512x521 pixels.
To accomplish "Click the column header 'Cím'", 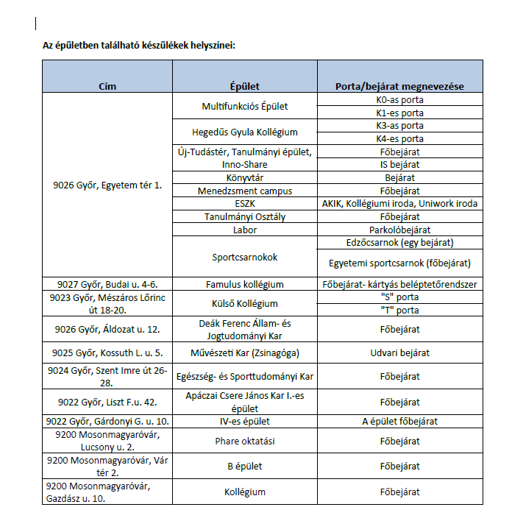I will click(x=107, y=86).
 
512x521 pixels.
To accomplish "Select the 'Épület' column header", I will click(x=244, y=86).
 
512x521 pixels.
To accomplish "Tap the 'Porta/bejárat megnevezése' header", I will click(x=399, y=86).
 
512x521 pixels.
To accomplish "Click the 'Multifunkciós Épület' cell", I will click(x=244, y=107).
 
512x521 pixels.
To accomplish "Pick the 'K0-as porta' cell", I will click(x=399, y=100).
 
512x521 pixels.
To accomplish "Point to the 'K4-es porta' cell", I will click(x=399, y=139).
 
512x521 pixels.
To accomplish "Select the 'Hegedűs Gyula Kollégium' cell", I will click(x=244, y=132).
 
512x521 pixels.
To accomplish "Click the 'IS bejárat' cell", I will click(x=399, y=165).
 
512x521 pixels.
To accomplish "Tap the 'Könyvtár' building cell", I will click(x=244, y=178).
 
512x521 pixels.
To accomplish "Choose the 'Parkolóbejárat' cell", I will click(x=399, y=230).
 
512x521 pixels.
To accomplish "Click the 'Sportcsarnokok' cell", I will click(x=244, y=258).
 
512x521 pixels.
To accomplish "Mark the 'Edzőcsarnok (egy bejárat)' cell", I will click(x=399, y=243).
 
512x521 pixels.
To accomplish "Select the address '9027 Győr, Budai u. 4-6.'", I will click(x=107, y=284).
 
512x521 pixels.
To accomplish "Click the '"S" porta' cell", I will click(x=399, y=297).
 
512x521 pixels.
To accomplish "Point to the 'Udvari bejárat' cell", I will click(x=399, y=353).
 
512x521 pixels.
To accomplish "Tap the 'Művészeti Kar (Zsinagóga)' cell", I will click(x=244, y=353).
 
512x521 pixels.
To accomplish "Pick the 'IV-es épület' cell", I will click(x=244, y=422).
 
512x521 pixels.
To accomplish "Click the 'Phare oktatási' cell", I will click(x=244, y=442).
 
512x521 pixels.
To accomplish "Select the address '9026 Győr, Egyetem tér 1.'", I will click(x=107, y=184).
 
